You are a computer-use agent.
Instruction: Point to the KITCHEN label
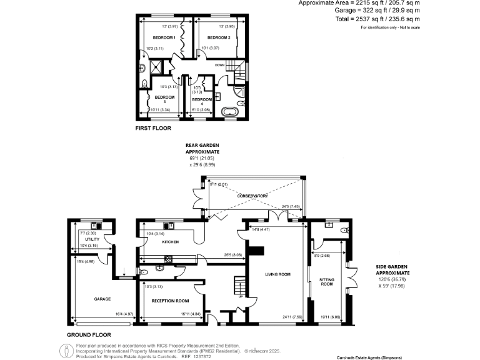(171, 241)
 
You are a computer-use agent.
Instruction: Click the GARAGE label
(102, 299)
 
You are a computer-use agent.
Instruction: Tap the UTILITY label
(92, 239)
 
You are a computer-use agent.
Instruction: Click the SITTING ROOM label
(327, 282)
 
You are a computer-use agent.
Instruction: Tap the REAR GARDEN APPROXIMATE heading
(203, 149)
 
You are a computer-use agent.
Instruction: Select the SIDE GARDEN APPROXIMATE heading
(392, 269)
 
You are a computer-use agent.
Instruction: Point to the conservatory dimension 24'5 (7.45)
(291, 207)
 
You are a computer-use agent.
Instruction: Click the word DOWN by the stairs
(219, 65)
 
